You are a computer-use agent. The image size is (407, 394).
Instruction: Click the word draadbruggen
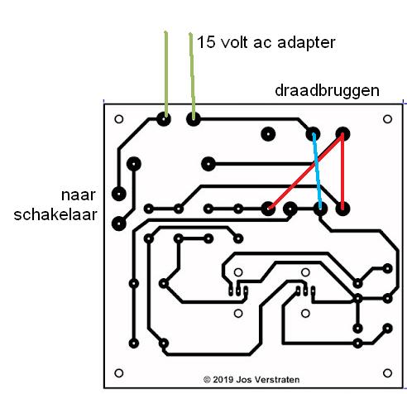click(x=327, y=91)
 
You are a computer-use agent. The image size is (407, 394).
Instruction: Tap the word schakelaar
click(x=55, y=214)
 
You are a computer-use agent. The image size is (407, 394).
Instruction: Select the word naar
click(x=79, y=195)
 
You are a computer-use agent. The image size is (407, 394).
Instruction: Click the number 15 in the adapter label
click(x=206, y=42)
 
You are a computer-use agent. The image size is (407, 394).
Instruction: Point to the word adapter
click(x=306, y=43)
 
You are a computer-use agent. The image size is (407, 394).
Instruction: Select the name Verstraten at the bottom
click(x=279, y=380)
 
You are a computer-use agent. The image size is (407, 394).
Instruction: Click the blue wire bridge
click(x=317, y=171)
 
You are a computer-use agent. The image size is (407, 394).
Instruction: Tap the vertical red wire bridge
click(x=342, y=171)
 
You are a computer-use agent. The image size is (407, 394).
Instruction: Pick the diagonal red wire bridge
click(x=305, y=171)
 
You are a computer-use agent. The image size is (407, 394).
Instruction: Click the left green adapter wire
click(x=166, y=74)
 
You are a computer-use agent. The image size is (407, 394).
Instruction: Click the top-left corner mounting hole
click(x=119, y=119)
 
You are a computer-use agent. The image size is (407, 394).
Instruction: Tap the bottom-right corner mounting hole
click(x=387, y=373)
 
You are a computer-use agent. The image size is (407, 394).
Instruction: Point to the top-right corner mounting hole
click(x=387, y=119)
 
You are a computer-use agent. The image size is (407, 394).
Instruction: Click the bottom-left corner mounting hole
click(x=119, y=373)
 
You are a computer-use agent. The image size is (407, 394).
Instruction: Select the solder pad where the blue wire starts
click(x=313, y=134)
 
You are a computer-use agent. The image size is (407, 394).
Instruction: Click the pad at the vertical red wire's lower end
click(x=342, y=209)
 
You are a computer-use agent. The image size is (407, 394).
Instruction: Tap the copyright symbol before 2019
click(x=207, y=380)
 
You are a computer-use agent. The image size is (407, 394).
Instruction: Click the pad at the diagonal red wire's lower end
click(x=268, y=209)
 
